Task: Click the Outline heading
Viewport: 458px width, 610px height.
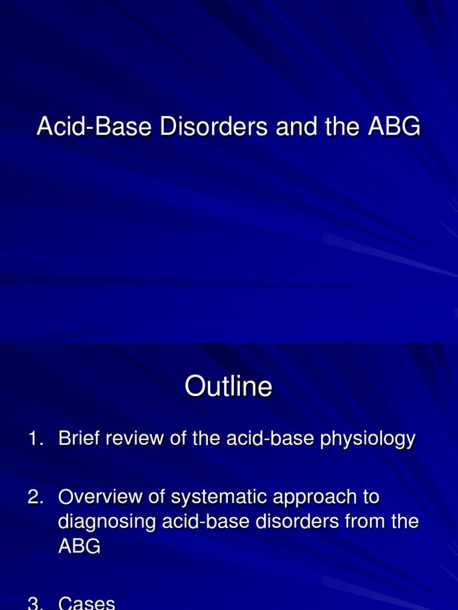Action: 228,387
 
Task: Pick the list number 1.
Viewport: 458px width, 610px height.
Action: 35,440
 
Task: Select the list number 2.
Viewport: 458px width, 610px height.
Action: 35,497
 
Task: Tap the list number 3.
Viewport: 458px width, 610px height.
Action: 35,603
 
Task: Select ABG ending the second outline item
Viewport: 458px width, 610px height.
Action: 79,547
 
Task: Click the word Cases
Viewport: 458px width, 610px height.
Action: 86,603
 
